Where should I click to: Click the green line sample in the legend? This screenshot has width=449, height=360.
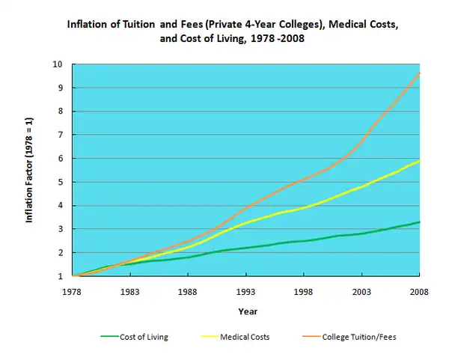[109, 337]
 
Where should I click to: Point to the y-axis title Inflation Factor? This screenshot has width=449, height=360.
[30, 171]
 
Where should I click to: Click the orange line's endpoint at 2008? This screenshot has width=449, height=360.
[419, 73]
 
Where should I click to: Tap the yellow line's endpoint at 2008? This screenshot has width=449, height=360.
[419, 160]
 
